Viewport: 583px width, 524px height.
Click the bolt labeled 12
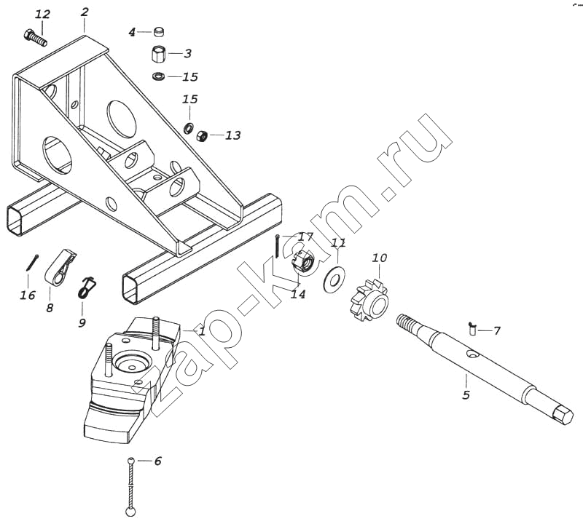point(36,36)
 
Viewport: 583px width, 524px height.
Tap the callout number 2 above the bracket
point(85,12)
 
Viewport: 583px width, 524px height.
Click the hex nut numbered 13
point(204,135)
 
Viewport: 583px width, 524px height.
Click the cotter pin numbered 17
point(278,246)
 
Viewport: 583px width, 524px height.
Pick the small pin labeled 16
point(28,263)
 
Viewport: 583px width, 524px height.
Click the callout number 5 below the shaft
point(466,394)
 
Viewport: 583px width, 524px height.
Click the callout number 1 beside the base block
point(202,330)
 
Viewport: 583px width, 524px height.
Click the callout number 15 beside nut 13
point(189,98)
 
